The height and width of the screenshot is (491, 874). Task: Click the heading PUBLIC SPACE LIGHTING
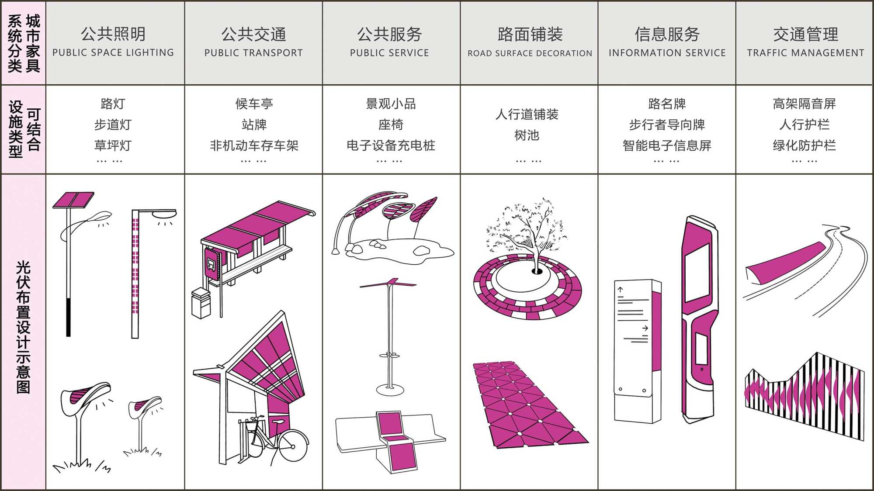click(x=113, y=52)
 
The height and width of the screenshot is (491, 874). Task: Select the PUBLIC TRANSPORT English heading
click(x=253, y=53)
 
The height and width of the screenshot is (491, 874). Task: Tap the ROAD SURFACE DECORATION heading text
click(x=530, y=53)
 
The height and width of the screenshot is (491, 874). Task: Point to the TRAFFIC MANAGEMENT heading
click(x=805, y=53)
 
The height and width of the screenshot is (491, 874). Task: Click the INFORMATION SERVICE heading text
click(x=667, y=53)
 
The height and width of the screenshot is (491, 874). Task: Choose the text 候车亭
click(x=254, y=104)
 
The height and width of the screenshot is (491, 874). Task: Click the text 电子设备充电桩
click(x=391, y=145)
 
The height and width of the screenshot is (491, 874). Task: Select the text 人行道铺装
click(x=527, y=114)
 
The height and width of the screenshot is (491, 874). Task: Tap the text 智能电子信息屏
click(x=667, y=145)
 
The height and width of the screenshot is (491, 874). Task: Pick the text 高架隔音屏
click(x=804, y=104)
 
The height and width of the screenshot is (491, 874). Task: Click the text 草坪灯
click(x=113, y=145)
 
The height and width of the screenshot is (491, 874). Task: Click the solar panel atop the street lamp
click(x=73, y=200)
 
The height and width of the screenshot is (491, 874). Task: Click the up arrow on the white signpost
click(x=620, y=289)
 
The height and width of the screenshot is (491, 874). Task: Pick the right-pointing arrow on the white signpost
click(x=645, y=328)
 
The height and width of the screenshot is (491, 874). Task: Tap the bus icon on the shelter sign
click(x=211, y=264)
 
